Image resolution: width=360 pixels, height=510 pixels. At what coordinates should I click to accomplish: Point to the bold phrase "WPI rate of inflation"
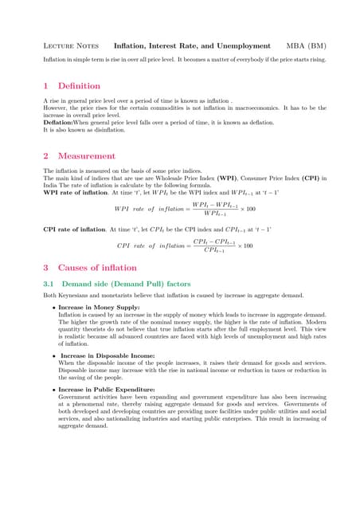click(73, 192)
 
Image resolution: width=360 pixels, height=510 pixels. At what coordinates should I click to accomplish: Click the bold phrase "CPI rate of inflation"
click(73, 229)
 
